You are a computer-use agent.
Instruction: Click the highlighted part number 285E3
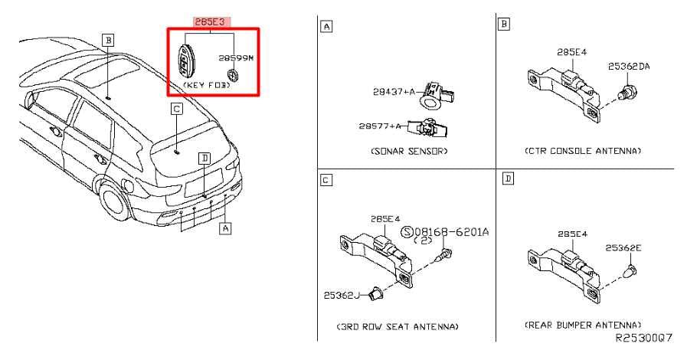click(211, 21)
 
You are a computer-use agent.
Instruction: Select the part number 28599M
click(236, 58)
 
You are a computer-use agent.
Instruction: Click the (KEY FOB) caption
click(206, 85)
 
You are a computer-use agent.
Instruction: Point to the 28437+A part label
click(394, 92)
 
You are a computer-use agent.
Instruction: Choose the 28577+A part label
click(380, 126)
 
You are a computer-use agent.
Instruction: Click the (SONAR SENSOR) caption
click(409, 151)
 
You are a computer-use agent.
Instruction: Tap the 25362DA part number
click(629, 66)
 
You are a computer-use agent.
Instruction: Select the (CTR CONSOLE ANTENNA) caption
click(583, 151)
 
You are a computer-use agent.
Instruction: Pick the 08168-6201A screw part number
click(452, 231)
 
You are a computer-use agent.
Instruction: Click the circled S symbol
click(407, 231)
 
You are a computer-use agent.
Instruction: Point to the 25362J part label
click(342, 295)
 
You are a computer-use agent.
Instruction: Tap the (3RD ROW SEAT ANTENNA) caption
click(398, 326)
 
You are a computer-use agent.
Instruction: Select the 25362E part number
click(623, 248)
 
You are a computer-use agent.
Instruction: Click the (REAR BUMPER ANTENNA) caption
click(583, 326)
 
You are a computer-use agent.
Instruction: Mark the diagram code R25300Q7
click(643, 338)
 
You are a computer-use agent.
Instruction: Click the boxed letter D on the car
click(204, 159)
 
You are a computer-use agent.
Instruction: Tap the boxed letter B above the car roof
click(107, 41)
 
